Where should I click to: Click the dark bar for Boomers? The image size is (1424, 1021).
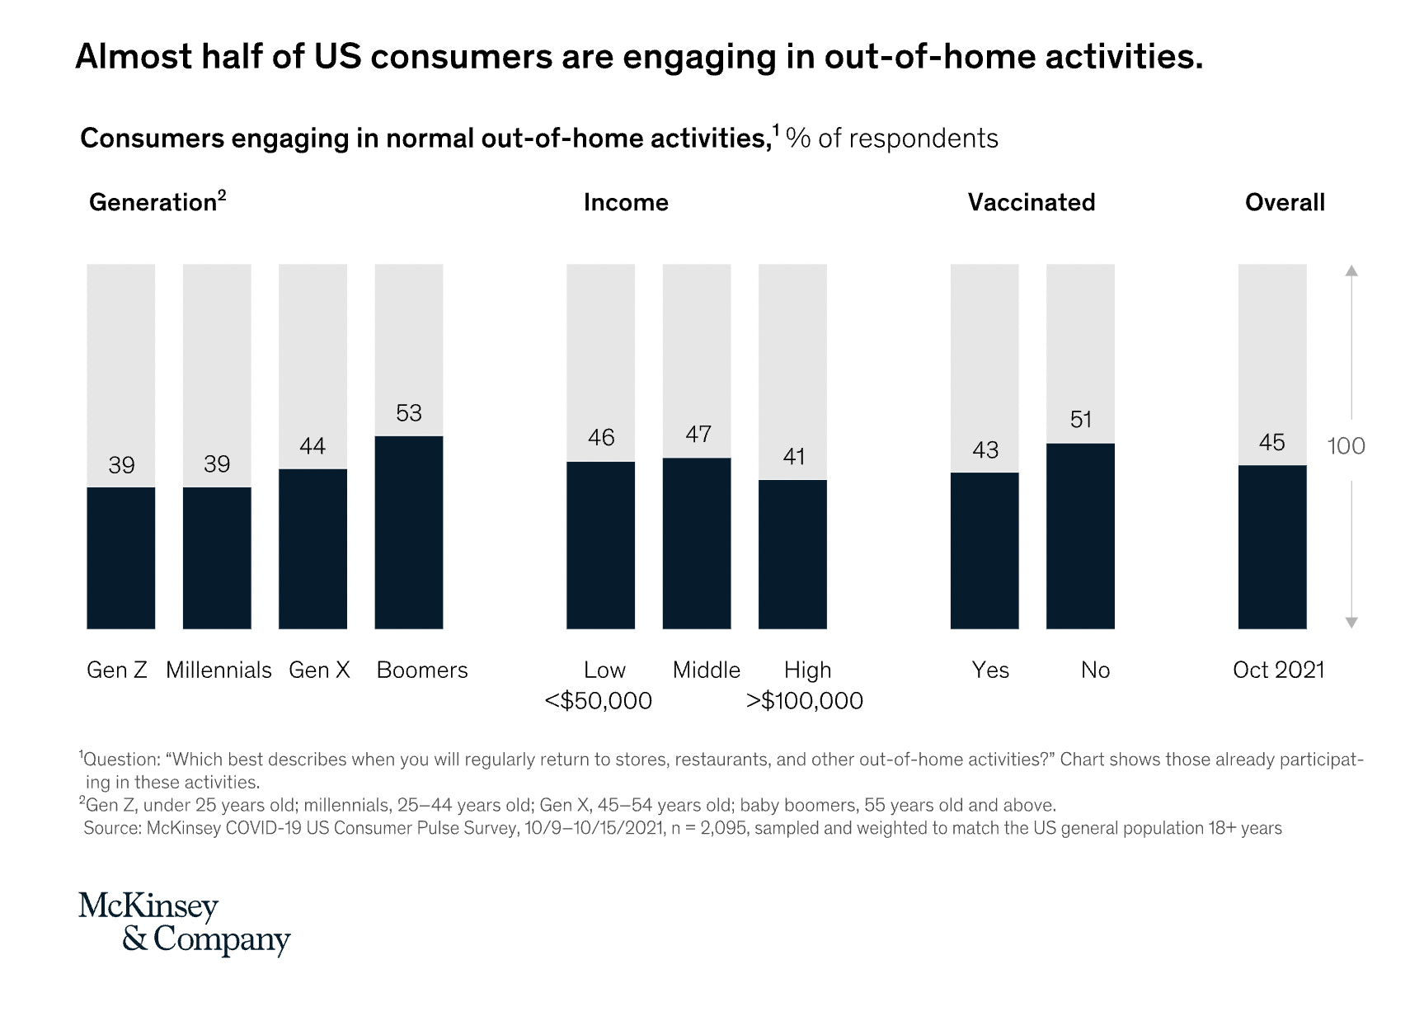coord(409,532)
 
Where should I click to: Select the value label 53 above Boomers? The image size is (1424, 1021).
coord(409,413)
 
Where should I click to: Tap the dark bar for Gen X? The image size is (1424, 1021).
coord(313,548)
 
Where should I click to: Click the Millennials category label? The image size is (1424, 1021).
coord(219,670)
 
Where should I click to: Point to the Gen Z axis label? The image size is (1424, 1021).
coord(117,670)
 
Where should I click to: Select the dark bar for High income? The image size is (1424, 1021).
coord(792,554)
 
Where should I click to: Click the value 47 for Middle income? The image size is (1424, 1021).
coord(698,435)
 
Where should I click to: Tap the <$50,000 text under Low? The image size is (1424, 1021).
coord(599,701)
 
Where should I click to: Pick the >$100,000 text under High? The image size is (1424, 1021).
coord(805,701)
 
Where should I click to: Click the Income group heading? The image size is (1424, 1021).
coord(626,203)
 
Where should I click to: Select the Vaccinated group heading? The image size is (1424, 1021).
coord(1032,203)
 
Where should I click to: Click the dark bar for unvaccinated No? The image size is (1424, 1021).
coord(1080,536)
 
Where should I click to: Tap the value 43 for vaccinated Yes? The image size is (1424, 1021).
coord(985,450)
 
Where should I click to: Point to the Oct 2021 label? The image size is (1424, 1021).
coord(1278,670)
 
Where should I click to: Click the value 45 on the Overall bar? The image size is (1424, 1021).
coord(1271,443)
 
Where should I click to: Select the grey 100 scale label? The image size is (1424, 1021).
coord(1346,446)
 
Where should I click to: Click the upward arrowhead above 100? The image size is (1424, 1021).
coord(1351,271)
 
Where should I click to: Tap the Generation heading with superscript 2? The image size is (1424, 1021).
coord(157,202)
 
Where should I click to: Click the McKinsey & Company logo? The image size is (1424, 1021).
coord(184,923)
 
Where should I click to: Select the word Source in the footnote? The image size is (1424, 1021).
coord(112,828)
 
